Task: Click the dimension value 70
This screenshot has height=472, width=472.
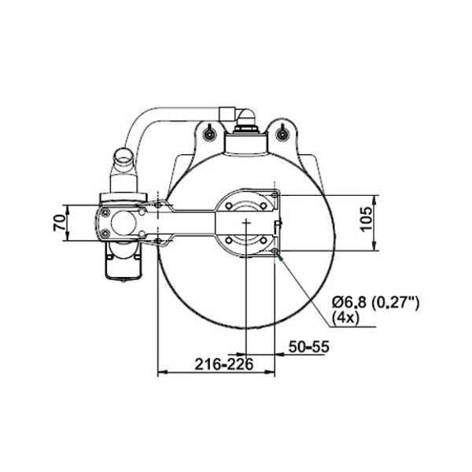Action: coord(58,223)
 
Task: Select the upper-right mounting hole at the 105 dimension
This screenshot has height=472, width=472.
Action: coord(274,194)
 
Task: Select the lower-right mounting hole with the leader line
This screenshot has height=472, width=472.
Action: coord(274,251)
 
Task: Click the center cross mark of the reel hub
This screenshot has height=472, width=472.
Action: coord(246,223)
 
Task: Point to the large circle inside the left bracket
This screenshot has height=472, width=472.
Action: coord(123,222)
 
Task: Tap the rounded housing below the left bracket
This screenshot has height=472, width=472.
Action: coord(123,264)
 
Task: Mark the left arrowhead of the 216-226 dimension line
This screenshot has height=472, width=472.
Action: coord(162,373)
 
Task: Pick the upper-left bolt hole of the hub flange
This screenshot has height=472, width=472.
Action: coord(228,207)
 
